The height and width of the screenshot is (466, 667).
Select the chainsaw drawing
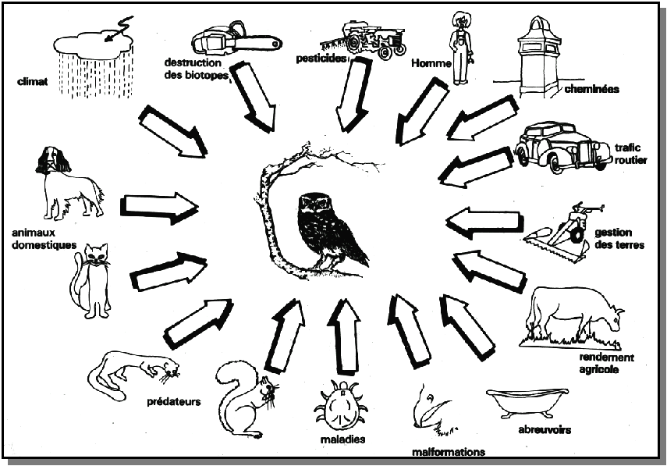234,39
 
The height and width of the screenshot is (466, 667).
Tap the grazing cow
573,316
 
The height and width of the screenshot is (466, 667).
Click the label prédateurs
173,403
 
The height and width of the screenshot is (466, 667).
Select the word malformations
449,451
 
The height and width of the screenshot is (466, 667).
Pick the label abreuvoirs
545,430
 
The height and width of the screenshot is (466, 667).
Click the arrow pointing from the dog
160,206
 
